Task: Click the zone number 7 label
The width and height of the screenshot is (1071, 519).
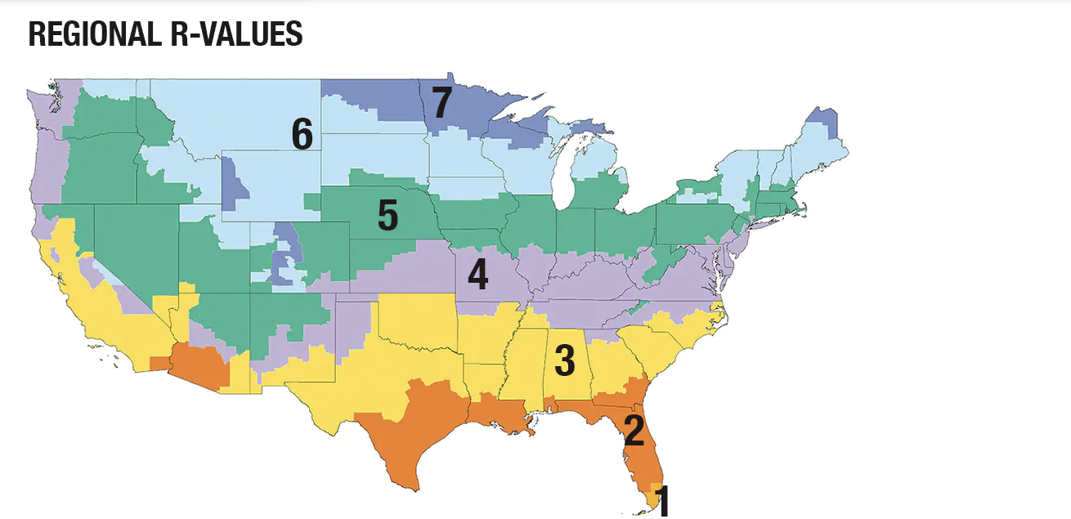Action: pyautogui.click(x=441, y=104)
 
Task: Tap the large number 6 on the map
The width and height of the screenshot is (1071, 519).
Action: pyautogui.click(x=302, y=135)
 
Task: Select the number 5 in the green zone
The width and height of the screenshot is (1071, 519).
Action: pyautogui.click(x=388, y=215)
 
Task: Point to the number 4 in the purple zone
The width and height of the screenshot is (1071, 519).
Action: pyautogui.click(x=477, y=275)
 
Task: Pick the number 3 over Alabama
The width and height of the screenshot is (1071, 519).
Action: pyautogui.click(x=565, y=360)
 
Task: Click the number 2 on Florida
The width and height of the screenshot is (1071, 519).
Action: pyautogui.click(x=634, y=431)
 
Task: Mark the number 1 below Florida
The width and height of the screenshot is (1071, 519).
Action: pyautogui.click(x=663, y=500)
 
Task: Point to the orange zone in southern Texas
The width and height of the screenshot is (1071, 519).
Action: pyautogui.click(x=409, y=441)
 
